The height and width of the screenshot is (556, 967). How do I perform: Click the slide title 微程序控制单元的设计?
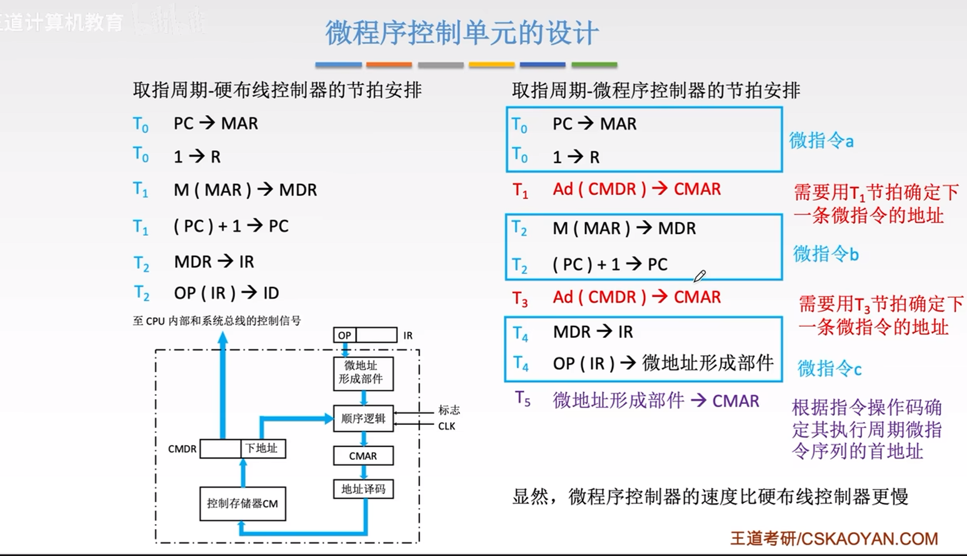tap(461, 33)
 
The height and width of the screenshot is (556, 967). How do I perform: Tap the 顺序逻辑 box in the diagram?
tap(363, 418)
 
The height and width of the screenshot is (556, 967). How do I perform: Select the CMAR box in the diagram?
tap(363, 456)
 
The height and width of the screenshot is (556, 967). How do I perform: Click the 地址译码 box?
tap(363, 489)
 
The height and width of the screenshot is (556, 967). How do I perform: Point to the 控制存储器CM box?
tap(243, 503)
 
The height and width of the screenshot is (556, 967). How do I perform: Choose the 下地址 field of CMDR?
tap(263, 448)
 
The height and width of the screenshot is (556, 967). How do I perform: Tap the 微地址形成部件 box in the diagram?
tap(363, 373)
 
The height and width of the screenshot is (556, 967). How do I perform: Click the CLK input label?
tap(446, 427)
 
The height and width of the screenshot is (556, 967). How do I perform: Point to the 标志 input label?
tap(449, 410)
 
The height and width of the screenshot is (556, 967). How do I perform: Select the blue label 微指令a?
tap(821, 141)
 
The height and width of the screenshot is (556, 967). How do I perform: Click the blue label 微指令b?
tap(826, 254)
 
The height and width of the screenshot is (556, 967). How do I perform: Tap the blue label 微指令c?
tap(829, 369)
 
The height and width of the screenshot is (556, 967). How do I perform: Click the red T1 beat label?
tap(520, 190)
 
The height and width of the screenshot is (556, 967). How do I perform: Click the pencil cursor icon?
tap(699, 276)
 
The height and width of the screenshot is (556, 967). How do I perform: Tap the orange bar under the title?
tap(389, 64)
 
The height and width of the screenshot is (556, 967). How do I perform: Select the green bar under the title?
tap(594, 64)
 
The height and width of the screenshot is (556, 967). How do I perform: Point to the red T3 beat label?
tap(520, 298)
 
